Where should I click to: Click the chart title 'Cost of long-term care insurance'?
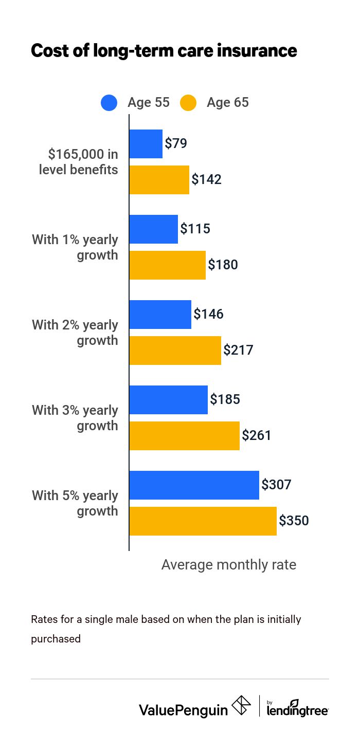pyautogui.click(x=164, y=51)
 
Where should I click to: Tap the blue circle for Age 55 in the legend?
pyautogui.click(x=109, y=103)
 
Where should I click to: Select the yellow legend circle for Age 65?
pyautogui.click(x=188, y=103)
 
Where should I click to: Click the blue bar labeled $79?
pyautogui.click(x=146, y=144)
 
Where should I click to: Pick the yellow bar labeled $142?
pyautogui.click(x=159, y=180)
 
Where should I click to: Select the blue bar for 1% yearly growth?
pyautogui.click(x=153, y=229)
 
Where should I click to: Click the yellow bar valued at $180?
pyautogui.click(x=167, y=265)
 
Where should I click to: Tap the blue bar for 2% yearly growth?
pyautogui.click(x=160, y=315)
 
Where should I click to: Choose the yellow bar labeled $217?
pyautogui.click(x=175, y=351)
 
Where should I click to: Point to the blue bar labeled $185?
pyautogui.click(x=168, y=400)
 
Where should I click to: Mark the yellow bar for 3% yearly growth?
pyautogui.click(x=184, y=436)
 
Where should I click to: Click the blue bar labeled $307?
pyautogui.click(x=194, y=485)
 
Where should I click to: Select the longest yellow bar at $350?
pyautogui.click(x=203, y=521)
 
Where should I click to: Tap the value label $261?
pyautogui.click(x=257, y=436)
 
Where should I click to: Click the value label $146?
pyautogui.click(x=208, y=315)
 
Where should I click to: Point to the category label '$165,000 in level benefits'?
pyautogui.click(x=78, y=162)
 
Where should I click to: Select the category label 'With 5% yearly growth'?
pyautogui.click(x=75, y=503)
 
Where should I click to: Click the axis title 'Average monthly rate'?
pyautogui.click(x=229, y=565)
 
